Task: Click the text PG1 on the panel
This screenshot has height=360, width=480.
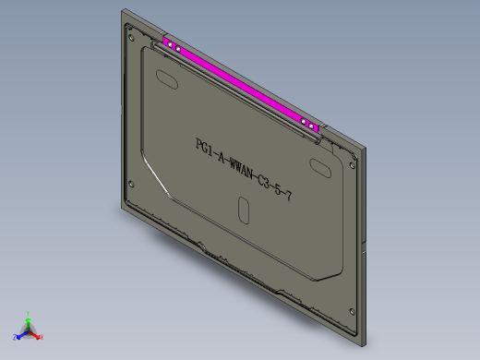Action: click(203, 148)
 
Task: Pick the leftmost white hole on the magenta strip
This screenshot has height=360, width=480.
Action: click(168, 43)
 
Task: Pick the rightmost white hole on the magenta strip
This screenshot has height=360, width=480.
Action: click(312, 126)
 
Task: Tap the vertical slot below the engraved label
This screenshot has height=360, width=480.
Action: click(243, 210)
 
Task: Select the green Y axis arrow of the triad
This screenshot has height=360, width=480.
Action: click(29, 316)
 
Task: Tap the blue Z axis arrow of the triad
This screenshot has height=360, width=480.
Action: click(18, 337)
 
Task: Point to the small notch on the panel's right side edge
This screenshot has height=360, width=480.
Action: click(367, 247)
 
